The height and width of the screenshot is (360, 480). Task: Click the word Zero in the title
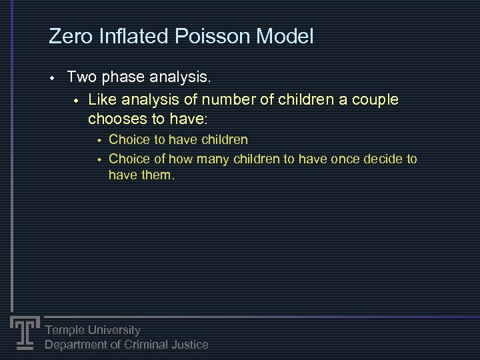tap(70, 36)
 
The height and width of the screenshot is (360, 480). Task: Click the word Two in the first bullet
tap(81, 78)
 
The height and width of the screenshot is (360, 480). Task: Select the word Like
tap(103, 100)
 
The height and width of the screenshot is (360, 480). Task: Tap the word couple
tap(374, 100)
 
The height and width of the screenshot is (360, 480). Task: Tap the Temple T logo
tap(25, 331)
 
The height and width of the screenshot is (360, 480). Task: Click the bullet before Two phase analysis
tap(51, 79)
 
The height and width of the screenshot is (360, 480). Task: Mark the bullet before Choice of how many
tap(97, 159)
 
